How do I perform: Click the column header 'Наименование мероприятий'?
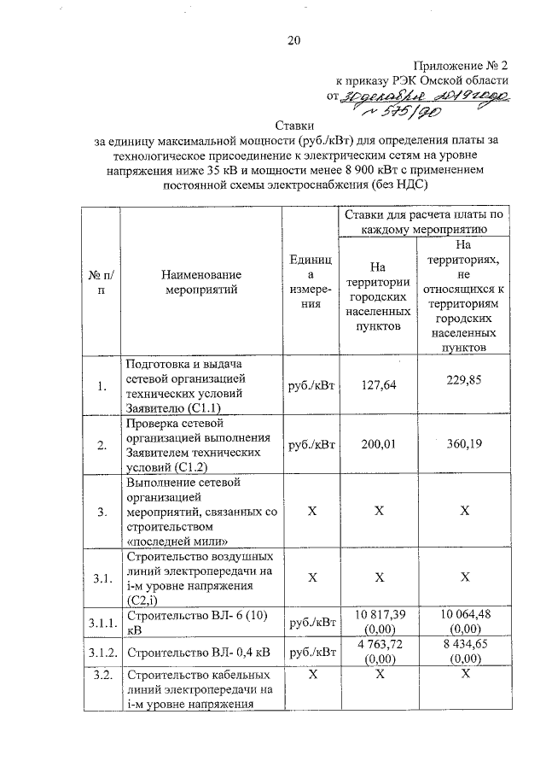[x=200, y=282]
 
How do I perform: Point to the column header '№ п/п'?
[x=102, y=282]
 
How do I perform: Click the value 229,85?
[x=463, y=381]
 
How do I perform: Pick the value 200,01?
[x=378, y=444]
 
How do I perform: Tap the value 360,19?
[x=463, y=444]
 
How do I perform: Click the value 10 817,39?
[x=378, y=614]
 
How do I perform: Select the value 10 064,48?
[x=463, y=614]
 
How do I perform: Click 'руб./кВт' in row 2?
[x=311, y=444]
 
